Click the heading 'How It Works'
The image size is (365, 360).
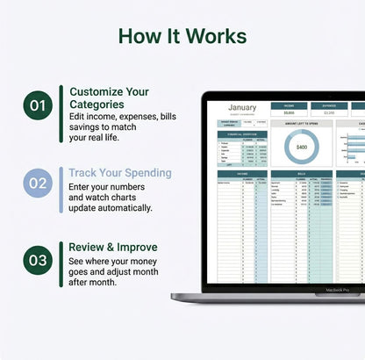182,36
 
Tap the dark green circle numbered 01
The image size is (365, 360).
38,106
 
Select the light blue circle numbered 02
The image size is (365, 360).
38,184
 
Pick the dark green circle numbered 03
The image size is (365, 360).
38,261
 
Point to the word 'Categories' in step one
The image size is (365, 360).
97,104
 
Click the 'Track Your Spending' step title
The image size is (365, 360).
120,172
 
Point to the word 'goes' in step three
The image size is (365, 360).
81,274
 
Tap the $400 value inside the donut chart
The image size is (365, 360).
301,148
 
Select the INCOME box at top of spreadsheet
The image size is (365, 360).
289,105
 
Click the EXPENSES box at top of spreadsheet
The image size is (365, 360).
329,105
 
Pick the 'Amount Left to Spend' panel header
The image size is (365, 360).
301,125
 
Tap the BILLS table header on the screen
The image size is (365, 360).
301,174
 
